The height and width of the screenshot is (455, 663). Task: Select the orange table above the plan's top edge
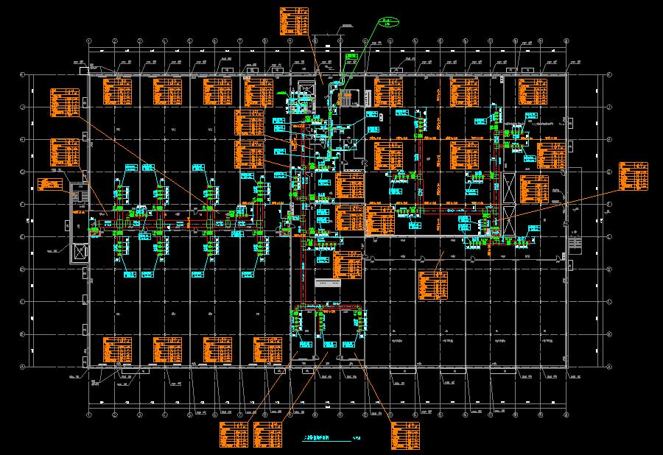(x=294, y=21)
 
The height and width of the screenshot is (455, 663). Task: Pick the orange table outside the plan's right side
(x=634, y=175)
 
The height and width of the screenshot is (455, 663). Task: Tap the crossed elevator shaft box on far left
(x=79, y=253)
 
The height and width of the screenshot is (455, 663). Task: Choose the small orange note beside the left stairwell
(x=51, y=184)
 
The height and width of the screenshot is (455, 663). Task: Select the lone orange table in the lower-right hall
(x=432, y=286)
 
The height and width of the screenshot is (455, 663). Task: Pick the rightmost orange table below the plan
(x=401, y=436)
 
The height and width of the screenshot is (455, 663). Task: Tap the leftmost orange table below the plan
(x=234, y=434)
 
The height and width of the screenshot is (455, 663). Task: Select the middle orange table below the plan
(x=267, y=434)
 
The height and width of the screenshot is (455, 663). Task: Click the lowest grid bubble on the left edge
(x=22, y=367)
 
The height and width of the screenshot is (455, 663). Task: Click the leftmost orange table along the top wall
(x=116, y=91)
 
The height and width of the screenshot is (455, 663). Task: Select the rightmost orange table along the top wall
(x=533, y=91)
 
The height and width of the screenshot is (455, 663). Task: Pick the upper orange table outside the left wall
(x=64, y=102)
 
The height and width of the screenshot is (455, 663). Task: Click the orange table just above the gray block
(x=348, y=265)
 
